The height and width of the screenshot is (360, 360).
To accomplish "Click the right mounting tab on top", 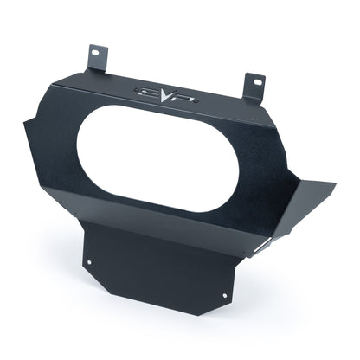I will point(254,86).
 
